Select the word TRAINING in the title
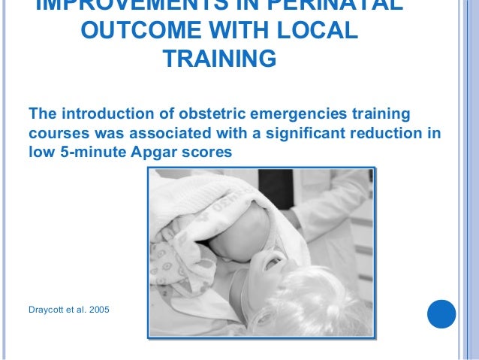(x=218, y=59)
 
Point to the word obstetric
(x=212, y=114)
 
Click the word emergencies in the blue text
(x=303, y=114)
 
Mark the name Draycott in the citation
(x=49, y=309)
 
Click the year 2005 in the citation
(x=98, y=309)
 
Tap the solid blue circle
(x=441, y=313)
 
